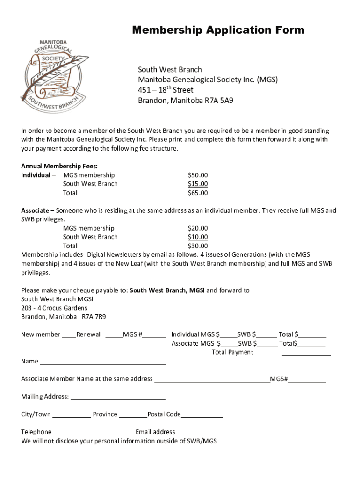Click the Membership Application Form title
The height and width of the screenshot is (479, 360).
(x=218, y=30)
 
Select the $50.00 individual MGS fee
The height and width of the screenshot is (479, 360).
(x=198, y=175)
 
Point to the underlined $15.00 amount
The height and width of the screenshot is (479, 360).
(x=198, y=184)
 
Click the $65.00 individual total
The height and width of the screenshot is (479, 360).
(x=198, y=193)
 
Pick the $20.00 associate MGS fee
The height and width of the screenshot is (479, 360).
(x=198, y=228)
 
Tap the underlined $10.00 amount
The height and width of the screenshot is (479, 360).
(x=198, y=237)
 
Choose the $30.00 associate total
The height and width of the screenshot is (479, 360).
(x=198, y=246)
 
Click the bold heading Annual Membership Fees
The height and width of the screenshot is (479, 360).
(x=59, y=166)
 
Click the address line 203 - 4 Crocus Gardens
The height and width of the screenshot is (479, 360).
(x=54, y=308)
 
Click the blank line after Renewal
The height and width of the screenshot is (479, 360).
(x=114, y=336)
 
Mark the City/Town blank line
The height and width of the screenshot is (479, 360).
(x=72, y=416)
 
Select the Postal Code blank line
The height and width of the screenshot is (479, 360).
(x=202, y=416)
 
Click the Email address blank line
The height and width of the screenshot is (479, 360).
(x=214, y=434)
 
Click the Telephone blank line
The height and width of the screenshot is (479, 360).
(x=94, y=434)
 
